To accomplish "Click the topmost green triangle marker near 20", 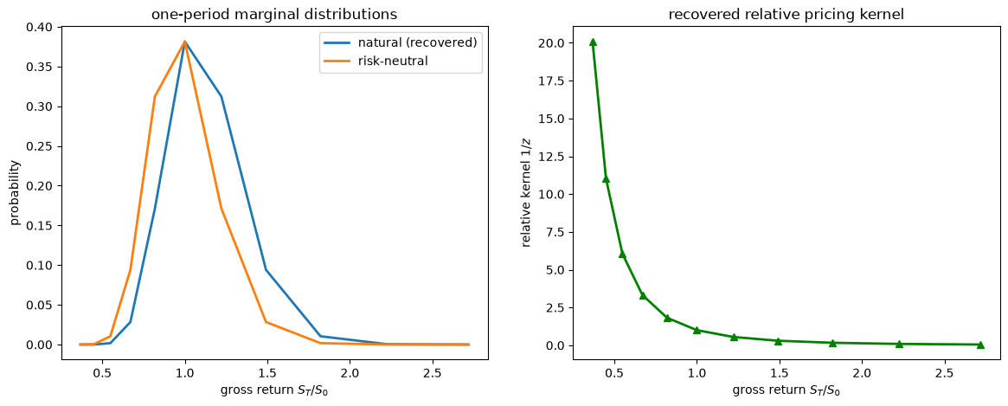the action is (593, 42).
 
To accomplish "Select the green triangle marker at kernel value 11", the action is (606, 179).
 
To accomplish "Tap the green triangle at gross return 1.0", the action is (697, 330).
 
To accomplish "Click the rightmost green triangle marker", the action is (980, 345).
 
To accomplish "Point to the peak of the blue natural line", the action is (185, 42).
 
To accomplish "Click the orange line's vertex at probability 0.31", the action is (154, 96).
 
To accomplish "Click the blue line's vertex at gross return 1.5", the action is (266, 269).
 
